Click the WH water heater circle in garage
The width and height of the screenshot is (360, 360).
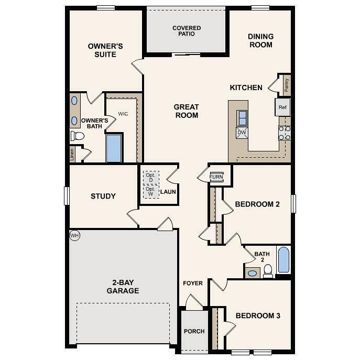point(74,235)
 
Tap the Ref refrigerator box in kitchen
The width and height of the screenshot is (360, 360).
point(282,107)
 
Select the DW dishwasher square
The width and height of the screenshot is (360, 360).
point(242,133)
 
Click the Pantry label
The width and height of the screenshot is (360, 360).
point(286,85)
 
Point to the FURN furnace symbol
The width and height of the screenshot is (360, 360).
point(216,177)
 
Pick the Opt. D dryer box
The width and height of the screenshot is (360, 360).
point(151,178)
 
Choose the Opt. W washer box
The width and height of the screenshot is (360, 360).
point(151,191)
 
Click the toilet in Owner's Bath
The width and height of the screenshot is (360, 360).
point(77,136)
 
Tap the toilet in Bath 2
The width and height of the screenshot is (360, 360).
point(268,271)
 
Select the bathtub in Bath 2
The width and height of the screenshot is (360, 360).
point(283,260)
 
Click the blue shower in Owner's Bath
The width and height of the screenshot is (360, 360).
point(114,148)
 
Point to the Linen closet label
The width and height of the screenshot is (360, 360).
point(72,155)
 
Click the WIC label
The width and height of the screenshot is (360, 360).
point(123,114)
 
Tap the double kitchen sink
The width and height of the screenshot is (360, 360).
point(242,118)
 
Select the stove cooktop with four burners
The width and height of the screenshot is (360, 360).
point(285,133)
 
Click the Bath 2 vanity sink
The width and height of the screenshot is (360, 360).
point(253,273)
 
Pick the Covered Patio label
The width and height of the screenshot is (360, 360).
point(187,31)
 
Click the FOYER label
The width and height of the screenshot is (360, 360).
point(193,283)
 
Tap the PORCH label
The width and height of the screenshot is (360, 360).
point(194,331)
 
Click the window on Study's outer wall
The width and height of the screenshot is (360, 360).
point(67,196)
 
